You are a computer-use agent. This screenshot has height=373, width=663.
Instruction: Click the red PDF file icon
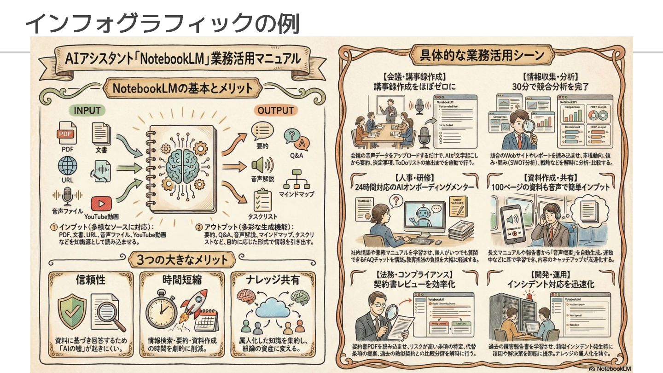[x=67, y=133]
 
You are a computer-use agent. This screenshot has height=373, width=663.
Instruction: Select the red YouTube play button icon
[x=101, y=204]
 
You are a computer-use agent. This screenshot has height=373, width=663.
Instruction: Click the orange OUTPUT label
[x=275, y=111]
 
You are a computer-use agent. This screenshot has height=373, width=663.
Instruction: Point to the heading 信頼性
[x=91, y=280]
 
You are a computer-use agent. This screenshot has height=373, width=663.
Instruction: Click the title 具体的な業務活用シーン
[x=482, y=56]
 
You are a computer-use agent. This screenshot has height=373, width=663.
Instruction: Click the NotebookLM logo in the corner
[x=610, y=368]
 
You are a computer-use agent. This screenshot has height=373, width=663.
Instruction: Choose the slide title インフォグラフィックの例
[x=162, y=23]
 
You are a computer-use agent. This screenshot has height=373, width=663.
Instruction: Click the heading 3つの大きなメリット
[x=183, y=259]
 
